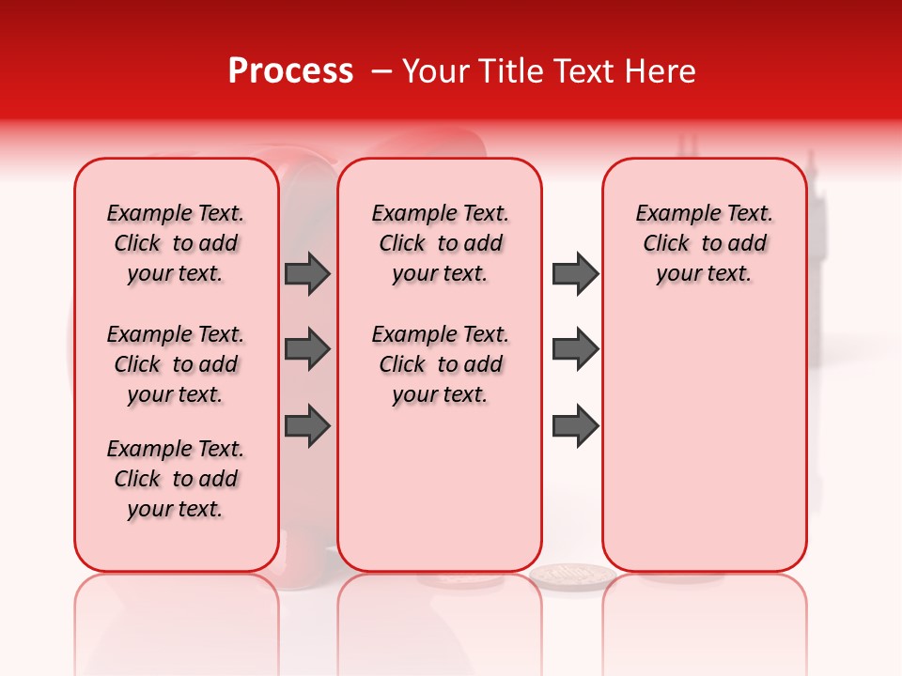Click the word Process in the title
coord(290,71)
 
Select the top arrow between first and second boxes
coord(307,273)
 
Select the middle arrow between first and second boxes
coord(307,349)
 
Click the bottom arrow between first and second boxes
coord(307,425)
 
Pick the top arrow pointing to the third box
coord(575,273)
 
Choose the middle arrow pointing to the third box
coord(575,349)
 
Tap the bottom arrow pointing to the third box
coord(575,425)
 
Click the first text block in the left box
coord(175,243)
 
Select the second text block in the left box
coord(175,364)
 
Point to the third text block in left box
coord(175,479)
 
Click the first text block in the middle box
coord(440,243)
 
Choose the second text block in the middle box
coord(440,364)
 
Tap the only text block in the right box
coord(704,243)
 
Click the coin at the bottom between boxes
coord(572,574)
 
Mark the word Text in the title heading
coord(578,71)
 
